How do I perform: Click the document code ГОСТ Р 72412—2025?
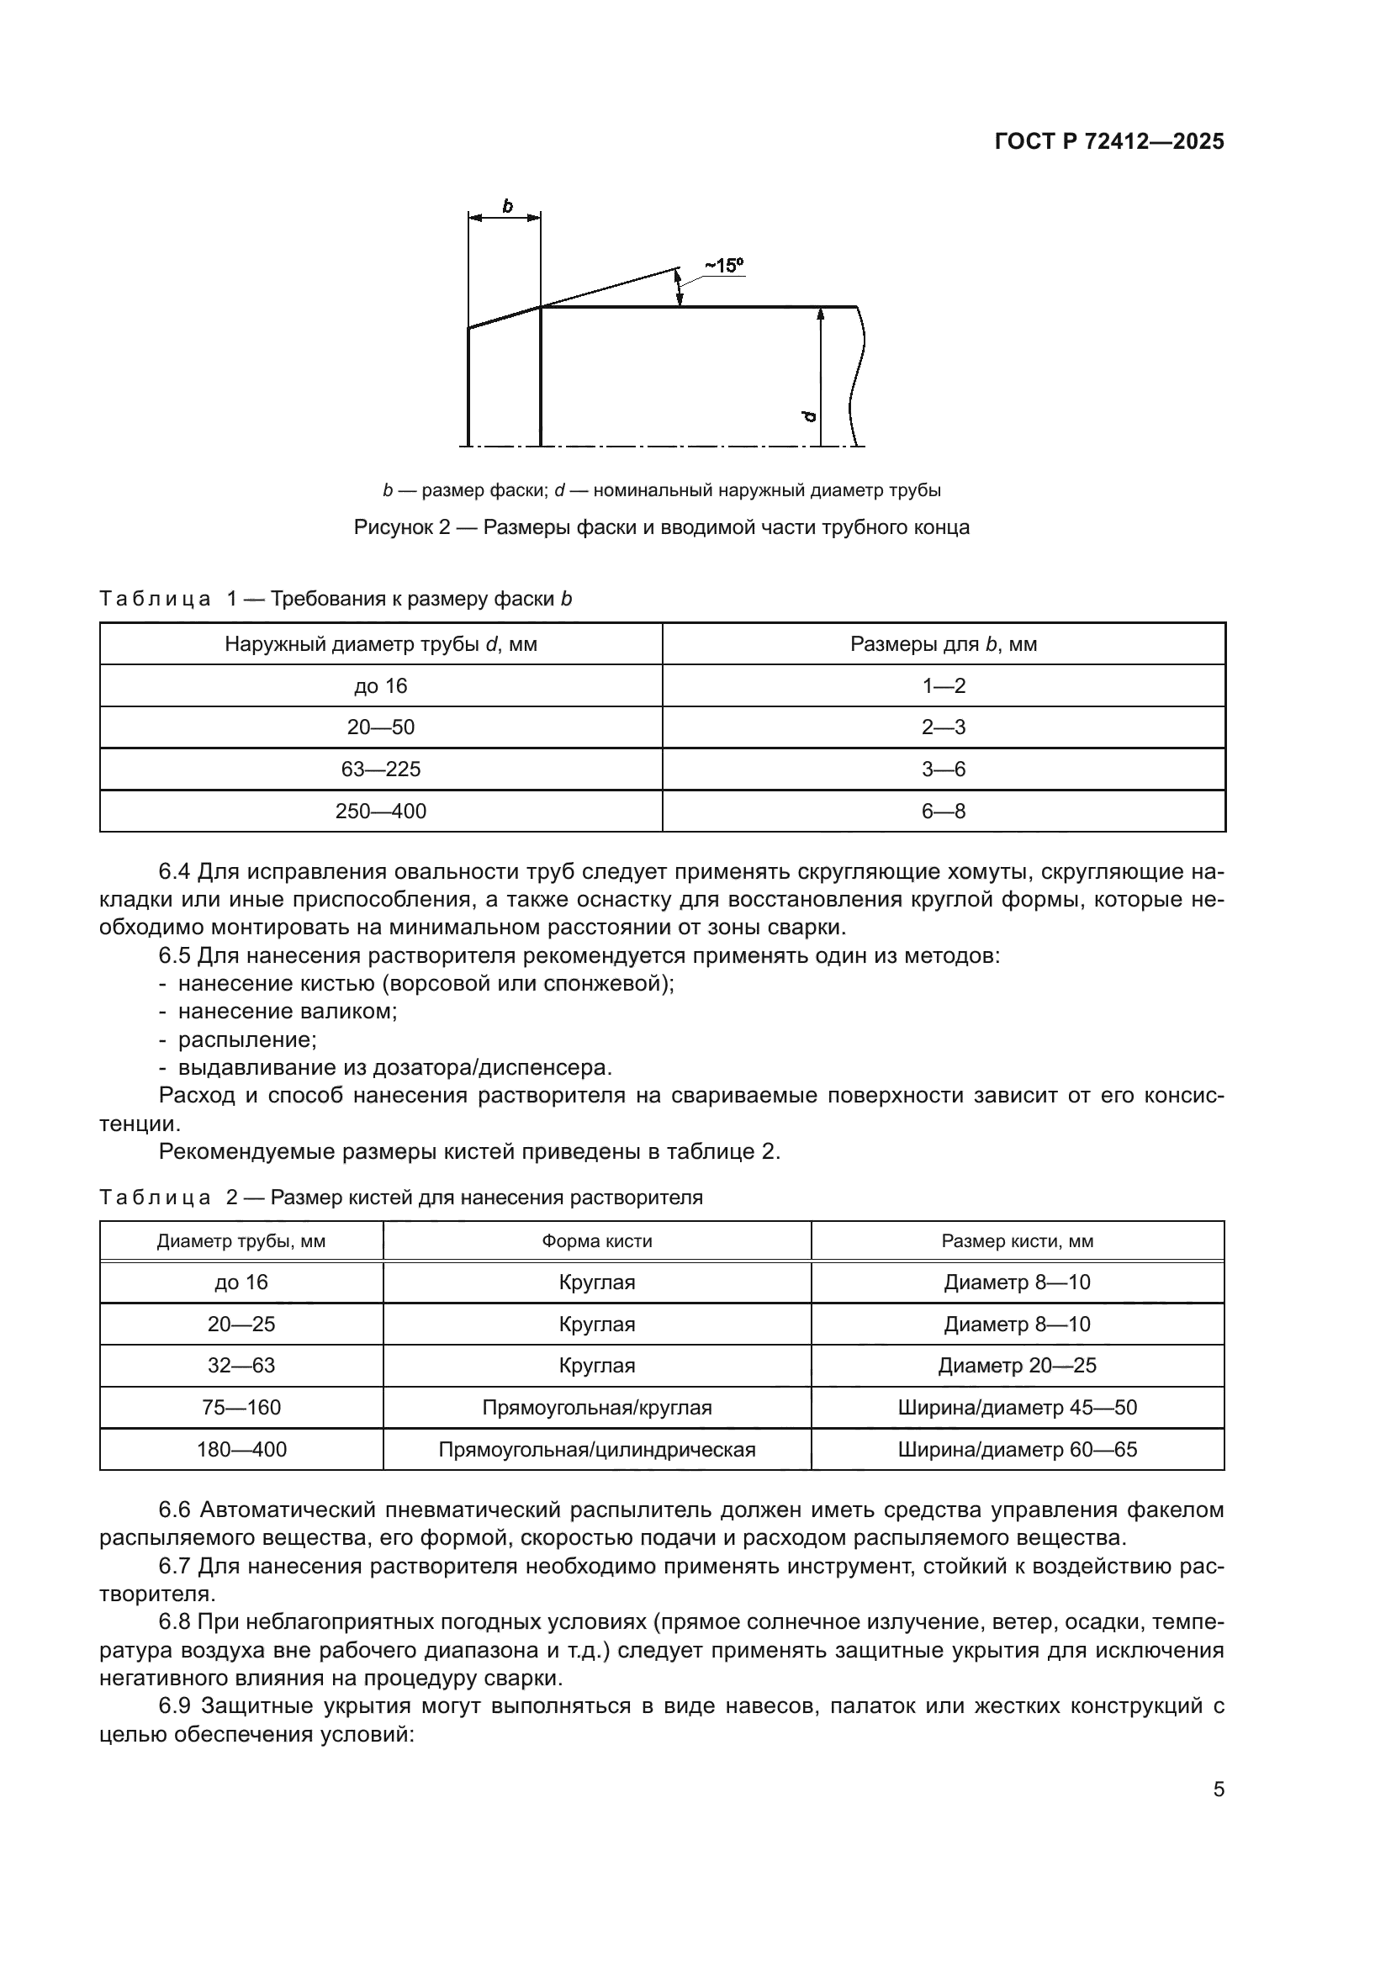[1109, 141]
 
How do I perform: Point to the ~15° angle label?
[724, 266]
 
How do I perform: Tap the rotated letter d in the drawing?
[809, 416]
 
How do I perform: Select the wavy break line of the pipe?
[856, 377]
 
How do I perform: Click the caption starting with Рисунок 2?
[661, 527]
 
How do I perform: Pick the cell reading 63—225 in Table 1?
[380, 769]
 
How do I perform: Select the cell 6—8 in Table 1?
[943, 812]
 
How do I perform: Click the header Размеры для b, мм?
[943, 644]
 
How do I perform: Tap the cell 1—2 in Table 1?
[943, 686]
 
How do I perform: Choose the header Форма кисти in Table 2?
[596, 1241]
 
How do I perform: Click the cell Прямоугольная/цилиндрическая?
[596, 1450]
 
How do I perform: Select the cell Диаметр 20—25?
[1017, 1366]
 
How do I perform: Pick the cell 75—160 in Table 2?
[241, 1408]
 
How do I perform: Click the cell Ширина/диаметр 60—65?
[1017, 1450]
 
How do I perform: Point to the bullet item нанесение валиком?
[287, 1012]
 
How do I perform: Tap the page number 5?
[1218, 1790]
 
